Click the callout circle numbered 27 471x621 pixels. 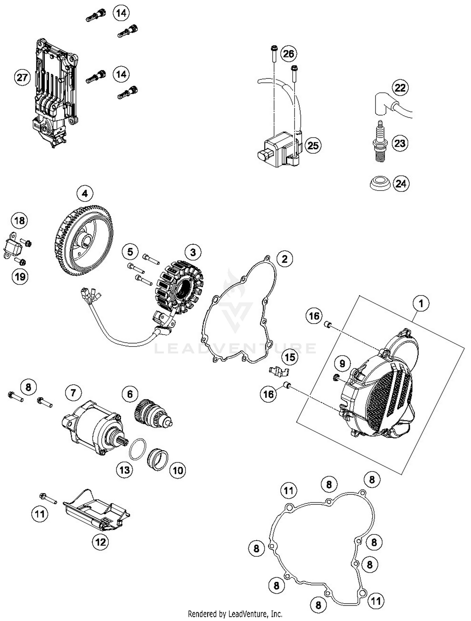22,77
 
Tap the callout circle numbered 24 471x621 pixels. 401,183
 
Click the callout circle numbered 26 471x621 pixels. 288,54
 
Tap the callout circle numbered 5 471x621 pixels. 130,252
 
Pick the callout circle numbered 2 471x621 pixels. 284,259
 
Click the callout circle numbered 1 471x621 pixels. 421,303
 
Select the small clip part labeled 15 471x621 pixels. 279,371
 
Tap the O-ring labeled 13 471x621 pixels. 138,450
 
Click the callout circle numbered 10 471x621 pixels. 178,470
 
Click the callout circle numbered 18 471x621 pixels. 20,220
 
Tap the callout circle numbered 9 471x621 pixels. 342,364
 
